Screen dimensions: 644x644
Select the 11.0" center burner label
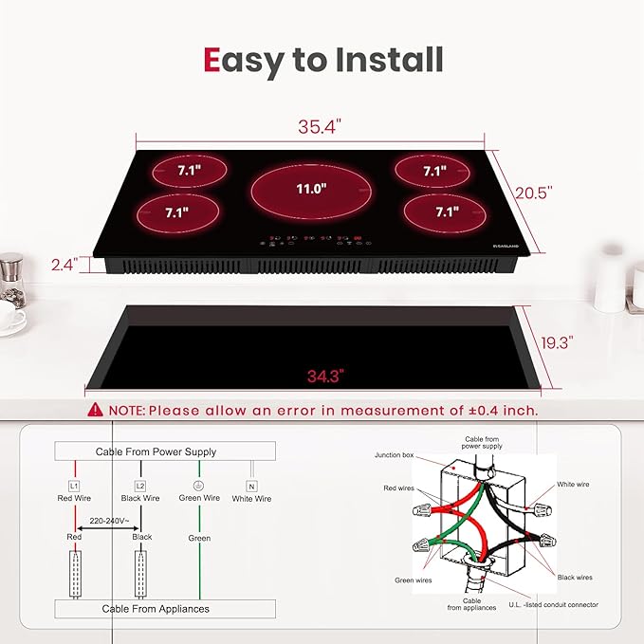pyautogui.click(x=310, y=189)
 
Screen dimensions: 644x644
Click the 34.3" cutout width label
pyautogui.click(x=324, y=376)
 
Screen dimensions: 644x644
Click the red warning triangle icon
pyautogui.click(x=95, y=411)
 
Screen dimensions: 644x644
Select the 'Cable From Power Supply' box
pyautogui.click(x=156, y=452)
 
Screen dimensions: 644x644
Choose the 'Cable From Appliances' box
pyautogui.click(x=156, y=608)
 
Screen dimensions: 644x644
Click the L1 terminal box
pyautogui.click(x=74, y=485)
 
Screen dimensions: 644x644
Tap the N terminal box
pyautogui.click(x=251, y=485)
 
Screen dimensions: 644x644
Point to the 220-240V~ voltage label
pyautogui.click(x=108, y=520)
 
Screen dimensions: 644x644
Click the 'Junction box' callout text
pyautogui.click(x=395, y=455)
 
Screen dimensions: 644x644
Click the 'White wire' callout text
pyautogui.click(x=573, y=484)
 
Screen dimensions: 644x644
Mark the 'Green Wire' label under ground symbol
pyautogui.click(x=199, y=498)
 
